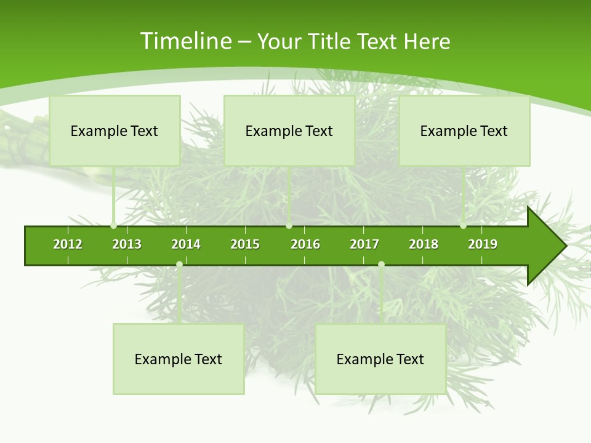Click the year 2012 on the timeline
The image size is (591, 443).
pyautogui.click(x=68, y=244)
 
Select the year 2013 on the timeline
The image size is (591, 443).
pyautogui.click(x=127, y=244)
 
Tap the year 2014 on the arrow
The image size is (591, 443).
pyautogui.click(x=186, y=244)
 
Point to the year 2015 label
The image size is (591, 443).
pyautogui.click(x=245, y=244)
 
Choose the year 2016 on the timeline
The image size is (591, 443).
pyautogui.click(x=305, y=244)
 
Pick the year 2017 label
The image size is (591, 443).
pyautogui.click(x=364, y=244)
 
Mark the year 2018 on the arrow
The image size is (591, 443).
pyautogui.click(x=424, y=244)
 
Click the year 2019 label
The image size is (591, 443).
pyautogui.click(x=483, y=244)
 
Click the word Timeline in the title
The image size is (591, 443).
pyautogui.click(x=185, y=41)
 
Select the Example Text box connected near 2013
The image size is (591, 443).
pyautogui.click(x=115, y=130)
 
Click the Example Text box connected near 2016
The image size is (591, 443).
pyautogui.click(x=289, y=130)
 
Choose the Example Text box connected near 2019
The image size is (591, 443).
pyautogui.click(x=464, y=130)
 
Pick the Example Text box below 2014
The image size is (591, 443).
pyautogui.click(x=179, y=359)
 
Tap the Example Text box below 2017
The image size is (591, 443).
pyautogui.click(x=380, y=359)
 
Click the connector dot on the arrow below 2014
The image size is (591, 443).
pyautogui.click(x=179, y=264)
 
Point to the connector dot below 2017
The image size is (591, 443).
pyautogui.click(x=381, y=264)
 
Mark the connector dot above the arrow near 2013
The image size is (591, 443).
pyautogui.click(x=113, y=226)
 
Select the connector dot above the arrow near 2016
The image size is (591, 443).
pyautogui.click(x=289, y=226)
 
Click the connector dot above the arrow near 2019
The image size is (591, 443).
pyautogui.click(x=463, y=226)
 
